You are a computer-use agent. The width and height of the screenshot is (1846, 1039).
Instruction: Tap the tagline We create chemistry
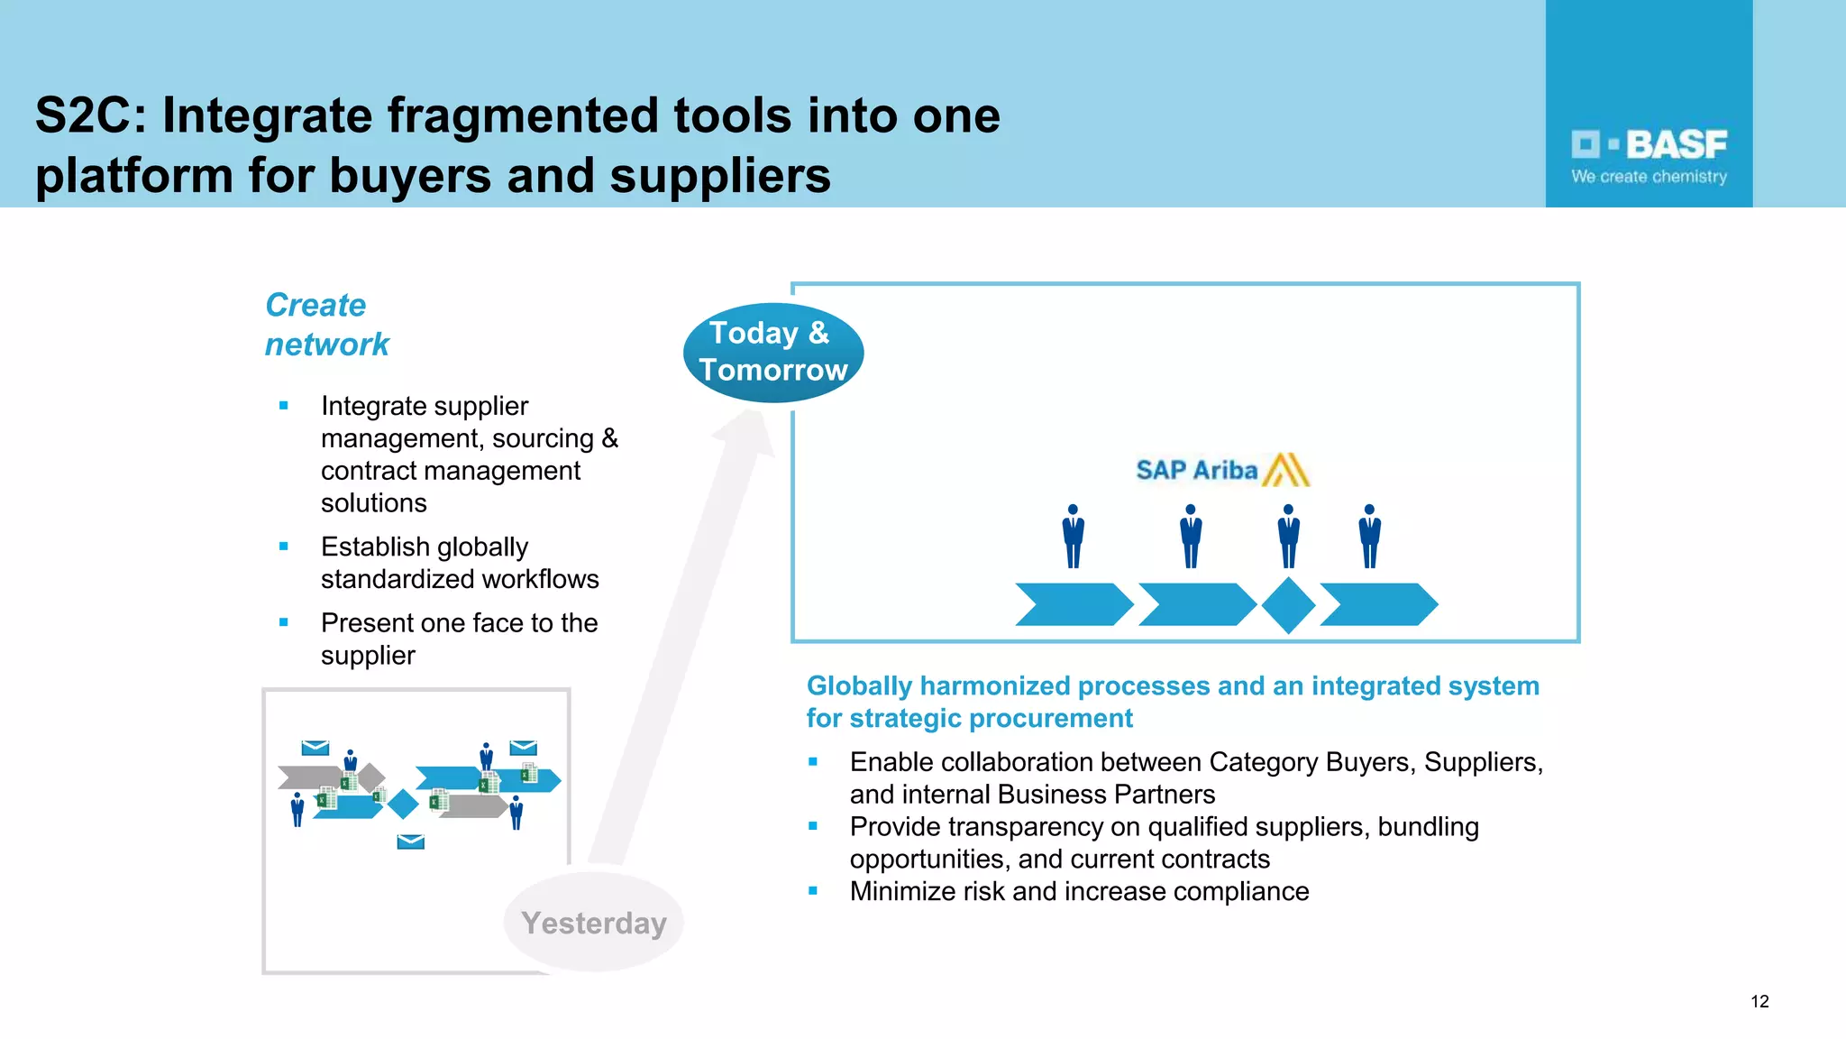1649,177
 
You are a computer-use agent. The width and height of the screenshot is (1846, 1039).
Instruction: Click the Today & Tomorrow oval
772,352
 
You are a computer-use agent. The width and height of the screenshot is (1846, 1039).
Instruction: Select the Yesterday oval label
593,923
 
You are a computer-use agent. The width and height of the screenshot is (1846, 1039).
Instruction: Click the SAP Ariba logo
1221,470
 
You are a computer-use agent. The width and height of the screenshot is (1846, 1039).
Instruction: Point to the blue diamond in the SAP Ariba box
1288,605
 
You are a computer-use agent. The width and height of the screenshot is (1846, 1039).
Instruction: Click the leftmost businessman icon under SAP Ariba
1073,537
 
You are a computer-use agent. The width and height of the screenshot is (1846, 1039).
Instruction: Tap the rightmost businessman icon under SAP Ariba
1369,537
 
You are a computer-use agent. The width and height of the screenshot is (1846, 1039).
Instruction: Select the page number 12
1759,1001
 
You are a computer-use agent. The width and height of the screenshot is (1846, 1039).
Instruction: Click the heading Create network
326,325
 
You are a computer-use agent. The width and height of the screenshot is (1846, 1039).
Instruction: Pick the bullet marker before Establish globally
284,547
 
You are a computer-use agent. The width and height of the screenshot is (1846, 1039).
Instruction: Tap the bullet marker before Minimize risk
813,891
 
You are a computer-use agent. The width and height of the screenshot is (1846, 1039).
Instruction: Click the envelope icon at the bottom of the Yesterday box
410,841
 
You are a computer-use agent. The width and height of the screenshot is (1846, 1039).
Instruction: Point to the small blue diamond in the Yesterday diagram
403,803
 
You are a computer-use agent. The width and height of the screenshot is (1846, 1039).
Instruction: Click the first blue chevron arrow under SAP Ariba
1073,604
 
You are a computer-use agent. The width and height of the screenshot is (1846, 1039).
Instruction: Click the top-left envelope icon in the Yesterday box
315,748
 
